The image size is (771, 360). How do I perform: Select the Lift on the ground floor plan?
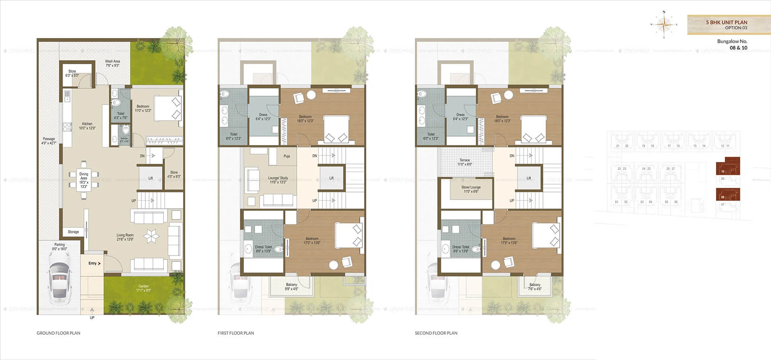[x=150, y=178]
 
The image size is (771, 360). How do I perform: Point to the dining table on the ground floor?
[x=84, y=180]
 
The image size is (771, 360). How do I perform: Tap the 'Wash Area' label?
[x=112, y=63]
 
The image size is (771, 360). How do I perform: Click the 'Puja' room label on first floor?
[x=287, y=156]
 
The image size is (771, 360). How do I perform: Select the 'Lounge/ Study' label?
[x=278, y=180]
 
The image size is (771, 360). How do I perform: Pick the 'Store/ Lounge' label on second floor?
[x=471, y=189]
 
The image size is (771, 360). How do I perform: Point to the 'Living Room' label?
[x=125, y=237]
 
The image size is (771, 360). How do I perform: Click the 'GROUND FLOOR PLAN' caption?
[x=59, y=333]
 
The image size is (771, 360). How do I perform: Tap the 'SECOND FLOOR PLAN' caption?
[x=436, y=333]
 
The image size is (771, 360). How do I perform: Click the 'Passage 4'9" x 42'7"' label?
[x=49, y=141]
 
